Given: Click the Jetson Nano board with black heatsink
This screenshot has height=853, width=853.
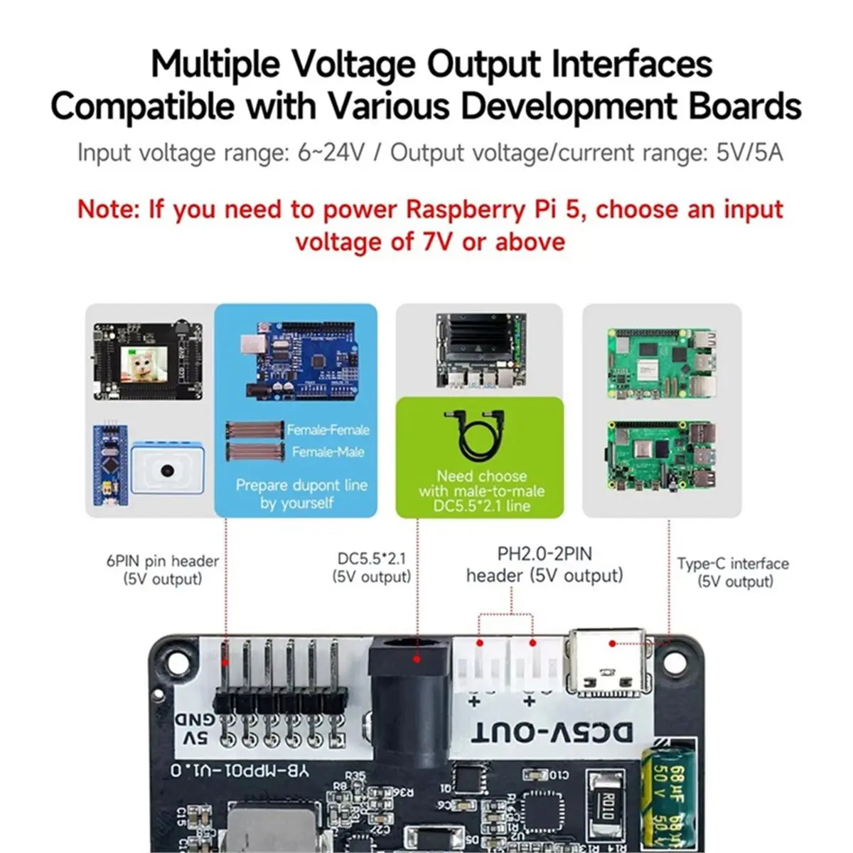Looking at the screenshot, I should (x=480, y=353).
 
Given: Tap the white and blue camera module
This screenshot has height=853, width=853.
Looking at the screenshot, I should (x=168, y=470).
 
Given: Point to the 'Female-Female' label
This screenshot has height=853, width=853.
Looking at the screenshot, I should (x=328, y=430).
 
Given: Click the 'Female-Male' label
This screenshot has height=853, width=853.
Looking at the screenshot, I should (x=328, y=452).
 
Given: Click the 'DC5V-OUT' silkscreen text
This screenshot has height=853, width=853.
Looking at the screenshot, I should (x=551, y=732).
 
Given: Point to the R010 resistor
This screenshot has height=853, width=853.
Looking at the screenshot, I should (x=603, y=807).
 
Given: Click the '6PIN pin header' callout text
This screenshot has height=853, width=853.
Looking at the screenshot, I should (x=162, y=561).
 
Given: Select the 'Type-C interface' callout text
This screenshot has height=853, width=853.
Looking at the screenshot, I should (x=732, y=564).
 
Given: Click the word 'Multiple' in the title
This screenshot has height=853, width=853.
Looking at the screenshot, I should (x=215, y=64).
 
